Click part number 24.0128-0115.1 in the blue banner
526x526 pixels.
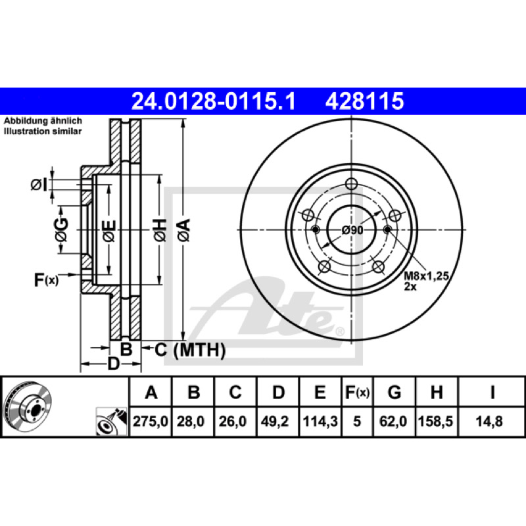tap(213, 101)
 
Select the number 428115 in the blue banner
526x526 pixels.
tap(365, 101)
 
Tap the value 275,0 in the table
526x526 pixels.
tap(151, 421)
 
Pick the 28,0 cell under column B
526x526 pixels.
tap(191, 421)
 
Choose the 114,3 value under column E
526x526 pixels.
tap(320, 421)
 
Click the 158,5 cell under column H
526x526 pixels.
tap(435, 421)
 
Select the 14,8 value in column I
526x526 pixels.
tap(489, 421)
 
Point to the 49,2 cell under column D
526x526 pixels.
tap(275, 421)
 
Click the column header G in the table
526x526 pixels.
tap(394, 392)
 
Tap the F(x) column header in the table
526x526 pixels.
tap(357, 392)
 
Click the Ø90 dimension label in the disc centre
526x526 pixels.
tap(352, 230)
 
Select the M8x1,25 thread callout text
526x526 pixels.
tap(426, 275)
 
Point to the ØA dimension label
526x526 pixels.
tap(184, 230)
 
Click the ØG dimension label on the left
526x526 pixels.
tap(62, 229)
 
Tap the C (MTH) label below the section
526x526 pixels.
tap(190, 350)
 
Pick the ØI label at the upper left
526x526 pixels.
tap(39, 185)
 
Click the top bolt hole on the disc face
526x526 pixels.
tap(351, 184)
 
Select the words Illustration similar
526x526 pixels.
tap(43, 131)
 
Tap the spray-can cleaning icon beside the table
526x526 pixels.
tap(112, 421)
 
